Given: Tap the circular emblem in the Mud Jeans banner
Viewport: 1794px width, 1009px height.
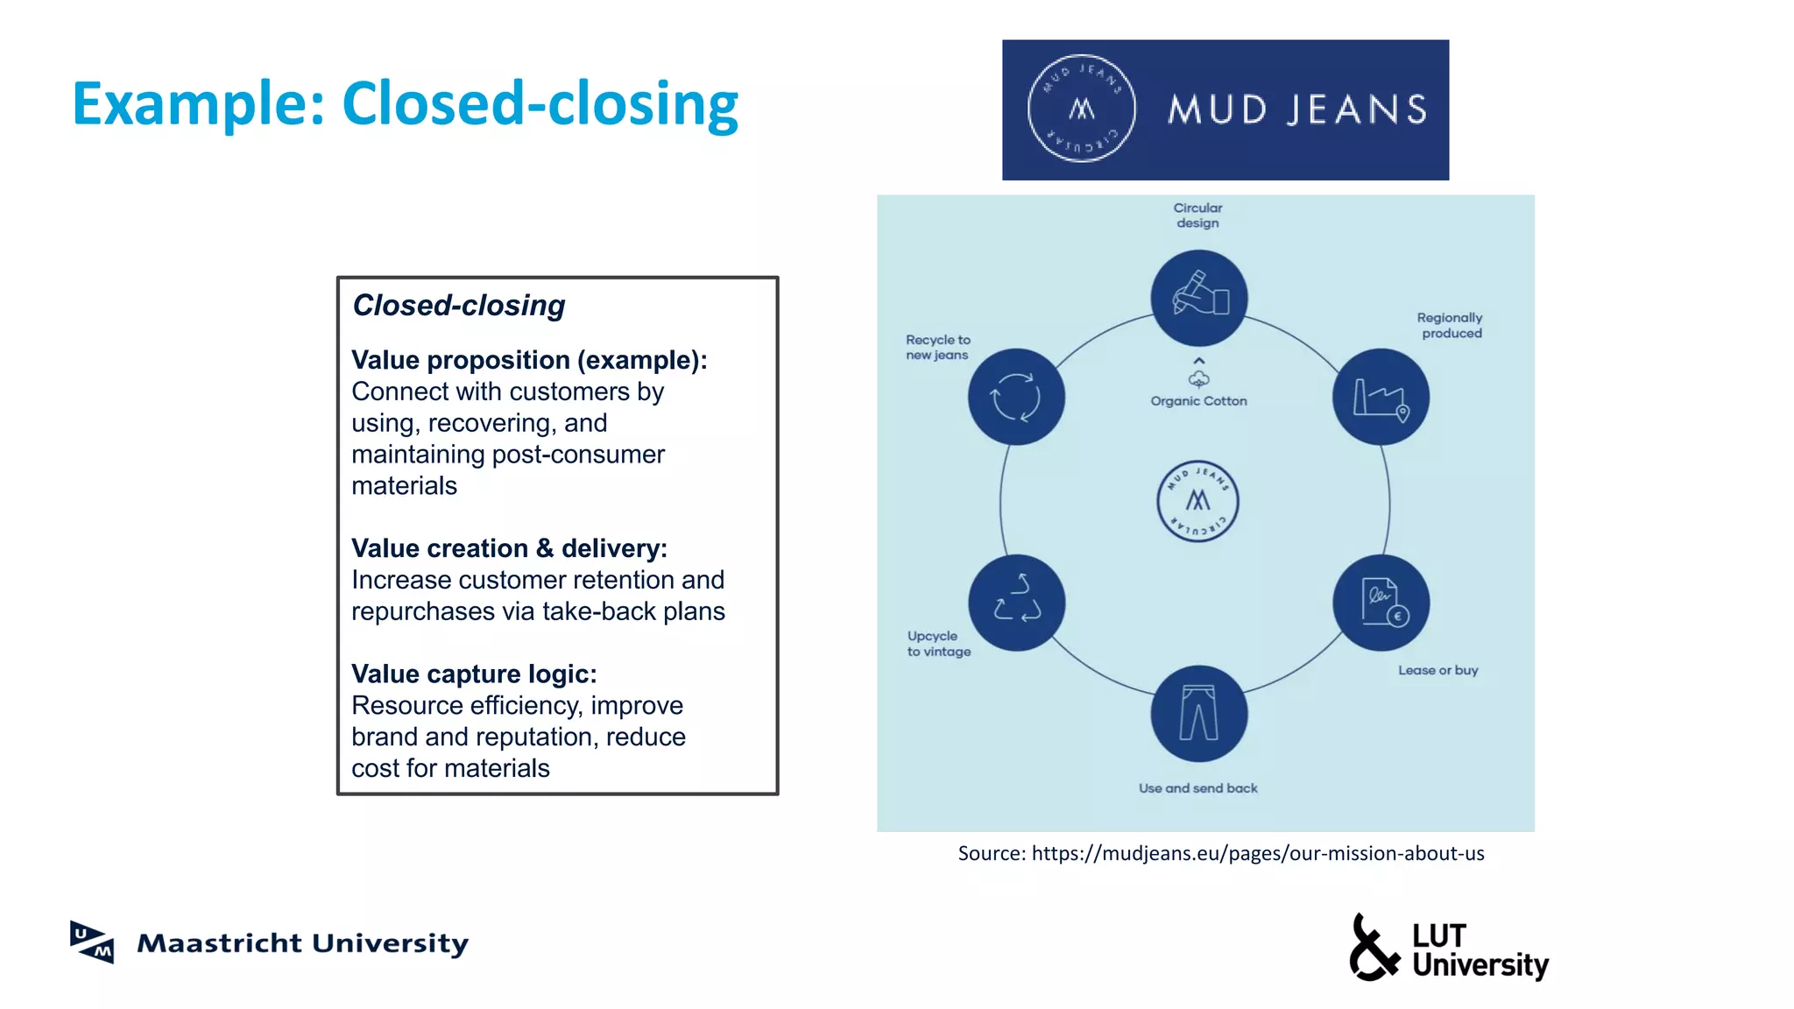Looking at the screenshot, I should tap(1081, 109).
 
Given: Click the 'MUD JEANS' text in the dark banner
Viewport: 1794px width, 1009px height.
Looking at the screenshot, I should tap(1297, 110).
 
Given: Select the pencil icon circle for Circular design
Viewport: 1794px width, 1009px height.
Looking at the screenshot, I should tap(1198, 298).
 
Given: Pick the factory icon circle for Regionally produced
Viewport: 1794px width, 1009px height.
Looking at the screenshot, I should tap(1381, 397).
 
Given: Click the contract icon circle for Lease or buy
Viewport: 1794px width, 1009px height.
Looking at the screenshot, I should tap(1381, 603).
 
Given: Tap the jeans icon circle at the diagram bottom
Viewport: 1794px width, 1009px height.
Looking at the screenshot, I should tap(1198, 713).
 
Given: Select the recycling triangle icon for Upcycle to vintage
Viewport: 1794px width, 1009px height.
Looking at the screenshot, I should tap(1016, 603).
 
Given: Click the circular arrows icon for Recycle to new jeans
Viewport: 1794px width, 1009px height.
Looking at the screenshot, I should tap(1016, 397).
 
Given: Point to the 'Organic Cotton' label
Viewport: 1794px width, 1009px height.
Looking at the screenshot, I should tap(1198, 401).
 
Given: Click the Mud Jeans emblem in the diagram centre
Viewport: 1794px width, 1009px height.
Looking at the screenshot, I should tap(1197, 501).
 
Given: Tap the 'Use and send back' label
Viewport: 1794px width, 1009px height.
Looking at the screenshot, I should tap(1197, 788).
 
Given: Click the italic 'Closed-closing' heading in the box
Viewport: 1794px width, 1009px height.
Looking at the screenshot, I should tap(458, 306).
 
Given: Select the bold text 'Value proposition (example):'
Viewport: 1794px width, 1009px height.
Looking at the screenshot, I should tap(529, 360).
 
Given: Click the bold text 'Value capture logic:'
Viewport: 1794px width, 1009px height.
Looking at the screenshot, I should tap(474, 674).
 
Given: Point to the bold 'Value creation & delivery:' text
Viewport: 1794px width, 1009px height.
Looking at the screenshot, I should tap(509, 548).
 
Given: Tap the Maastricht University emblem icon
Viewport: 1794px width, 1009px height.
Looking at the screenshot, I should tap(92, 942).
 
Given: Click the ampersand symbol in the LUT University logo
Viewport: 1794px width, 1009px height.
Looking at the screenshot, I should tap(1373, 949).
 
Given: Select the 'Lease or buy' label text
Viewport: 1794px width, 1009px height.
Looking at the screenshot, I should tap(1437, 670).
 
